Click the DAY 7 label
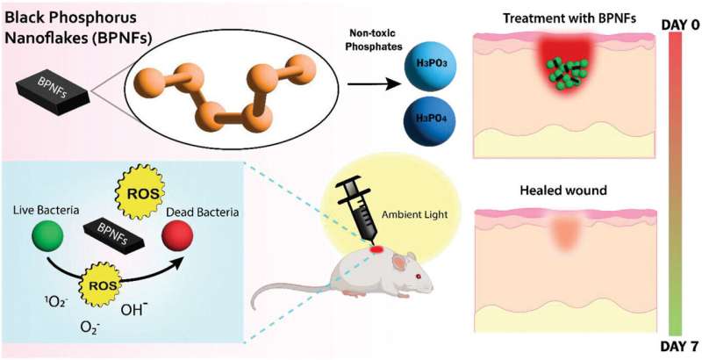[x=679, y=344]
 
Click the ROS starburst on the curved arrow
[x=97, y=284]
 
